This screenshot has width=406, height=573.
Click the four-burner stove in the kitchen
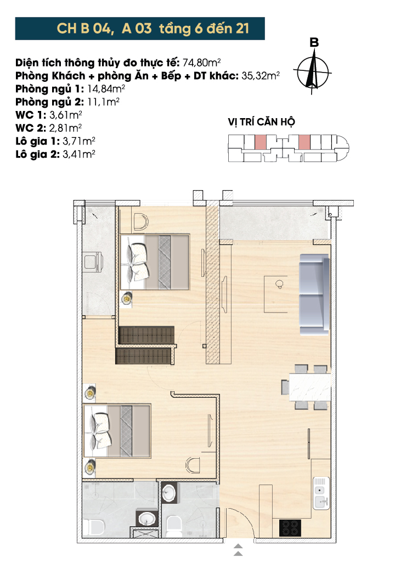coord(290,528)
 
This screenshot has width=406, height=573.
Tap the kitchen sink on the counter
coord(322,493)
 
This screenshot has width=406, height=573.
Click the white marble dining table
coord(310,387)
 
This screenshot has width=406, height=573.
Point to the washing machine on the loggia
coord(94,261)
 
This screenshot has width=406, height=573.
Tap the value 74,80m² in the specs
coord(201,63)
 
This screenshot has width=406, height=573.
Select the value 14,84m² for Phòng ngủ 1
coord(106,89)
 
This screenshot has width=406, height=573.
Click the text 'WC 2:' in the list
coord(31,128)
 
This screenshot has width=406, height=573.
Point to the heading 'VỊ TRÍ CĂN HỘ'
coord(261,122)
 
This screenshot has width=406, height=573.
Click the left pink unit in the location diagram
coord(260,142)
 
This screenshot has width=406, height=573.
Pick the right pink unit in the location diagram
coord(304,142)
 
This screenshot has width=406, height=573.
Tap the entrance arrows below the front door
coord(238,550)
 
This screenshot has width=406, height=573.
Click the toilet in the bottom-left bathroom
coord(93,527)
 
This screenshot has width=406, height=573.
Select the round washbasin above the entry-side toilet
coord(169,493)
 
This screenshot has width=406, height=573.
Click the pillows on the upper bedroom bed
coord(138,262)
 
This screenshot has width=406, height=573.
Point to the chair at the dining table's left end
coord(285,387)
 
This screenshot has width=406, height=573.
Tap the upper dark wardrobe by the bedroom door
coord(146,335)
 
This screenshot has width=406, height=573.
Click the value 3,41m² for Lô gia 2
coord(79,154)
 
